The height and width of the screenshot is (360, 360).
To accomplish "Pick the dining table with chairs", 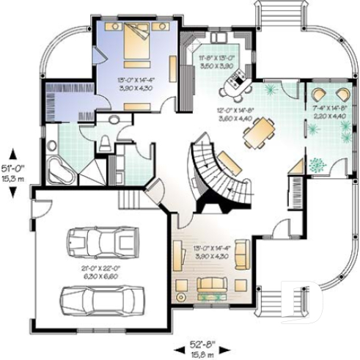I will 257,133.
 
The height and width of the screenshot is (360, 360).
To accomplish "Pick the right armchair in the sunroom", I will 342,95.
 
